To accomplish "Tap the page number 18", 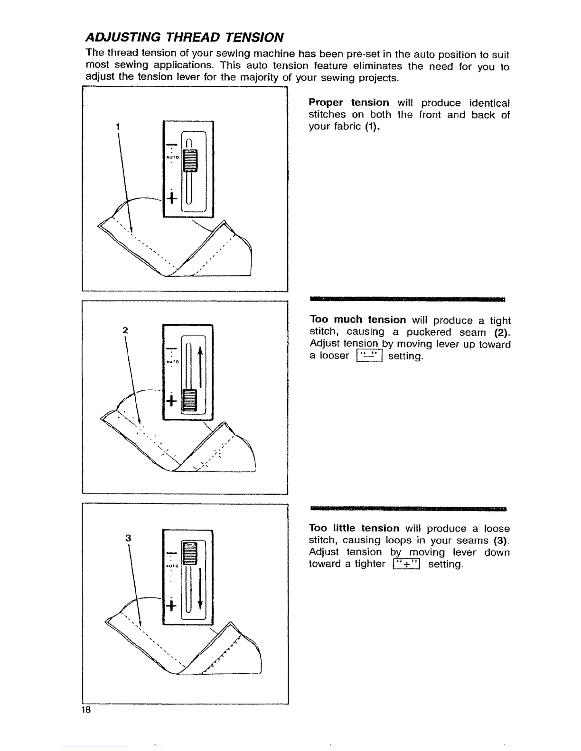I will (x=86, y=710).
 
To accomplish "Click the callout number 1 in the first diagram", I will (x=117, y=127).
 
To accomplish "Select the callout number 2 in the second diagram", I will (x=124, y=330).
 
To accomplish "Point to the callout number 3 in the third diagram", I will (x=128, y=538).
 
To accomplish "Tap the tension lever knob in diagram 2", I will (x=189, y=401).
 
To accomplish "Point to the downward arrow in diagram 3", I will (x=201, y=588).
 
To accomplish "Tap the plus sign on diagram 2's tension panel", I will (x=171, y=401).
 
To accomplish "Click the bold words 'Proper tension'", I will (x=348, y=103).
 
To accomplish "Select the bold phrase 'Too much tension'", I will (x=357, y=320).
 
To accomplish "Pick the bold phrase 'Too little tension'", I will (x=354, y=528).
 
